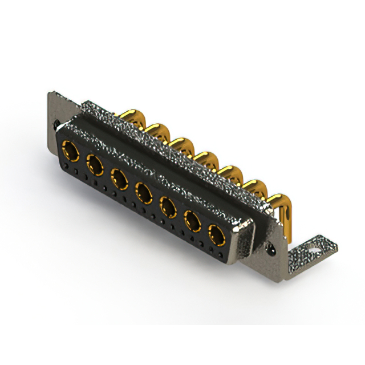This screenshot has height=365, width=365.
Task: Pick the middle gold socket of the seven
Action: point(144,192)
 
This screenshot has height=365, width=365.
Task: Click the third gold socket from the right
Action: point(168,206)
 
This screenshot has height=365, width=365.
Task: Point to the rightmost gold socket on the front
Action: point(217,234)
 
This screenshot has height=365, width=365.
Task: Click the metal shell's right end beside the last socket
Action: point(244,242)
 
